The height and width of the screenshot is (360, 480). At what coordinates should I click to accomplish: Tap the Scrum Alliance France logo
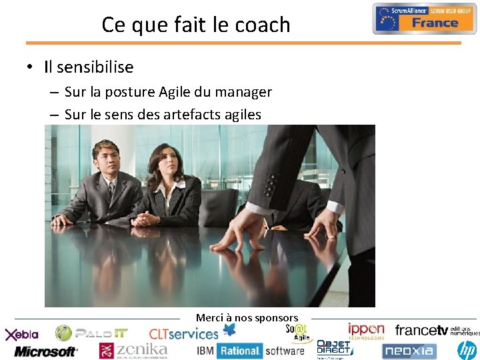(424, 18)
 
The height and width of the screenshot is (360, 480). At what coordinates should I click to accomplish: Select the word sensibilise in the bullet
(98, 67)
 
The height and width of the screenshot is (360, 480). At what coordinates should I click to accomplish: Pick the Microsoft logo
(46, 351)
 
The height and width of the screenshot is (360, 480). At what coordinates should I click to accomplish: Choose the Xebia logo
(22, 334)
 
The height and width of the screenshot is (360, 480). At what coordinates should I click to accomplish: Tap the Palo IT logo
(92, 333)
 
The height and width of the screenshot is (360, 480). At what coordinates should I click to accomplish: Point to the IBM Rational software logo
(250, 351)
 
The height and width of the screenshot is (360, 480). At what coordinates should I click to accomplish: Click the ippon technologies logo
(366, 330)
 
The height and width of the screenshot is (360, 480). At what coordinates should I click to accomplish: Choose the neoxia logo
(408, 350)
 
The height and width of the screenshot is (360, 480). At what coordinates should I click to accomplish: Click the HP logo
(467, 349)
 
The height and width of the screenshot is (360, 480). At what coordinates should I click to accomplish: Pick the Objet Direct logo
(335, 349)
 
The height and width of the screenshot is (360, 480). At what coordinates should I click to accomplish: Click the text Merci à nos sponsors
(247, 318)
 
